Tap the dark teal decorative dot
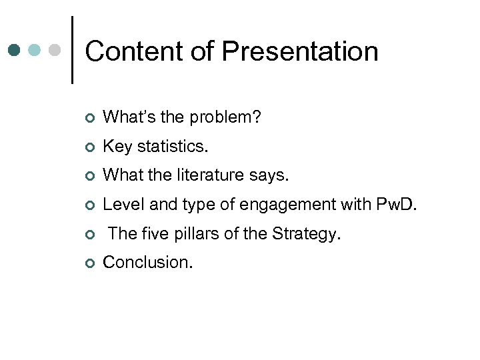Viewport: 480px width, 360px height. pyautogui.click(x=15, y=50)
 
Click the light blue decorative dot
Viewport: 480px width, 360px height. pyautogui.click(x=35, y=50)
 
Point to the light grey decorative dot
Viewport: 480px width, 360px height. pyautogui.click(x=55, y=50)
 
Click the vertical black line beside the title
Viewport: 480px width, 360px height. pyautogui.click(x=72, y=50)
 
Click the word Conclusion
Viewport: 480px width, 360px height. pyautogui.click(x=148, y=262)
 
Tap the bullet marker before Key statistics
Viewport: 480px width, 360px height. pyautogui.click(x=89, y=147)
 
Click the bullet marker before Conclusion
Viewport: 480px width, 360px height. pyautogui.click(x=89, y=263)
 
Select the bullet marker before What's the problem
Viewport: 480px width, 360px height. pyautogui.click(x=89, y=119)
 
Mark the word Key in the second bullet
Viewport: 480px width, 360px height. pyautogui.click(x=117, y=147)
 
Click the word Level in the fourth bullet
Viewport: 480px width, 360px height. pyautogui.click(x=120, y=205)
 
